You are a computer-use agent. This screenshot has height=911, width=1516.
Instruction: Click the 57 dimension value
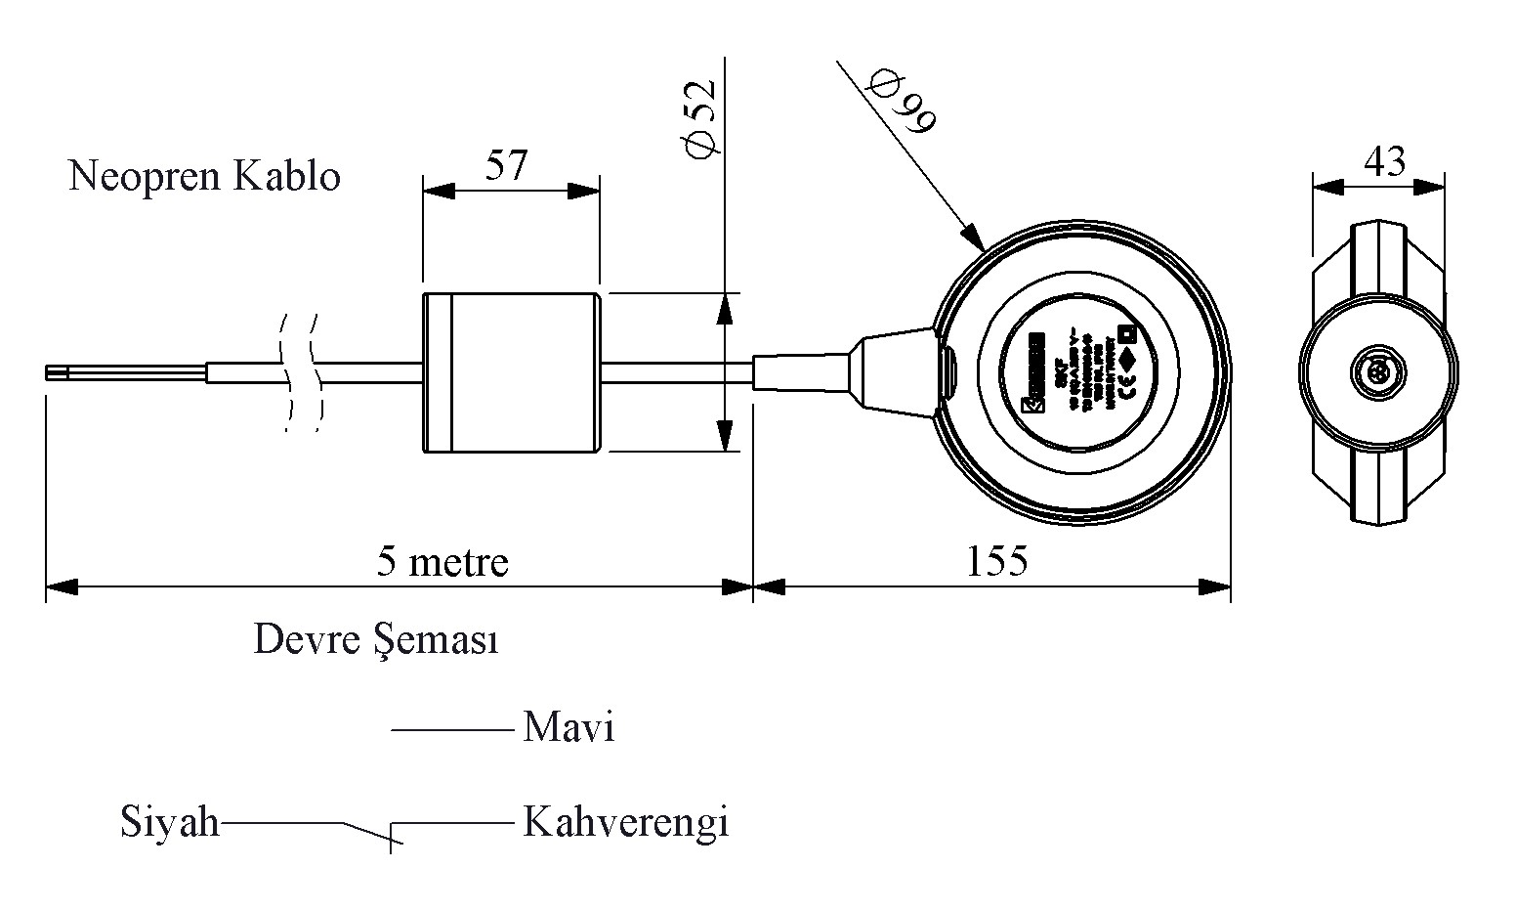click(506, 166)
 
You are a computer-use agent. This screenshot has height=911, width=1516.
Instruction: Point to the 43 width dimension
click(1384, 161)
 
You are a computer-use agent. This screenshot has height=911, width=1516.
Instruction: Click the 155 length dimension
click(996, 561)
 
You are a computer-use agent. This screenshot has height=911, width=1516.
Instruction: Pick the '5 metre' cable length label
click(442, 562)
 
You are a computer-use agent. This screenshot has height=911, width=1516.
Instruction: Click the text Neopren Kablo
click(204, 177)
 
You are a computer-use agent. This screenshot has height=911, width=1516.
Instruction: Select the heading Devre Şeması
click(376, 640)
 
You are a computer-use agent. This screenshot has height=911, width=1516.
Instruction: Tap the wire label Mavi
click(568, 728)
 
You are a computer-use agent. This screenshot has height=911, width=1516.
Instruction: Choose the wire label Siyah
click(170, 822)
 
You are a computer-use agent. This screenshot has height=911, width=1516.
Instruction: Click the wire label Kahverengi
click(626, 822)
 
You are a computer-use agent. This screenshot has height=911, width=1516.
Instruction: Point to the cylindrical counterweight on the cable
click(510, 372)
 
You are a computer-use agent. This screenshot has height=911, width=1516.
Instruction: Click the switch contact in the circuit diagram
click(369, 832)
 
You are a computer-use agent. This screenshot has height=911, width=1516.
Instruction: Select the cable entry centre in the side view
click(1377, 371)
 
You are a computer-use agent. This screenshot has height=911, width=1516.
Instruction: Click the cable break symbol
click(300, 372)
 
